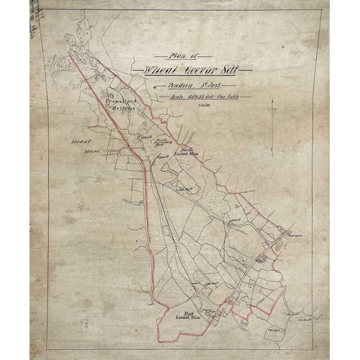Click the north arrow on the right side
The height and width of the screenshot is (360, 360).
(x=273, y=109)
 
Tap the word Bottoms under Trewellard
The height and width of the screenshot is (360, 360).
(x=120, y=112)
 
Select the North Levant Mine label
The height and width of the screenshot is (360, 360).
(x=190, y=148)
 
